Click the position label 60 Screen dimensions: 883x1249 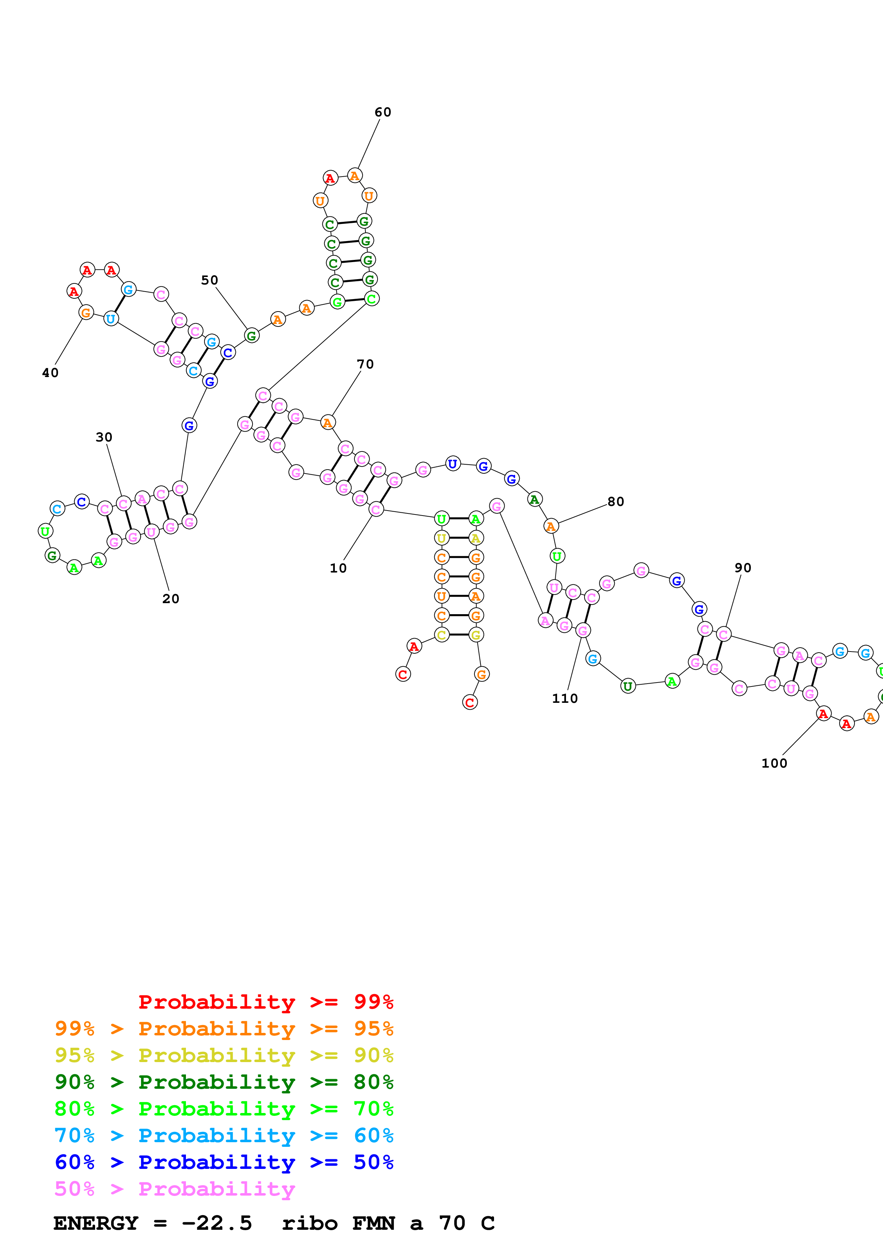point(383,112)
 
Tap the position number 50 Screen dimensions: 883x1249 point(209,280)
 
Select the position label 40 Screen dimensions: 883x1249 point(50,373)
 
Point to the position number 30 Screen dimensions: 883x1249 point(104,437)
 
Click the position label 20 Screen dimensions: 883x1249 point(170,599)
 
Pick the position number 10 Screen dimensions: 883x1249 point(338,568)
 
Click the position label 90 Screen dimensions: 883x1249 point(743,568)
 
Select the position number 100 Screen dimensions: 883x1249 point(774,763)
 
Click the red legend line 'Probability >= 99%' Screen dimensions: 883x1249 point(265,1002)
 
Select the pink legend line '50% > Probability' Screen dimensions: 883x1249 point(174,1189)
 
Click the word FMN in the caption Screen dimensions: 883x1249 point(373,1223)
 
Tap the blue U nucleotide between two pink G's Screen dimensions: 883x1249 point(453,464)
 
